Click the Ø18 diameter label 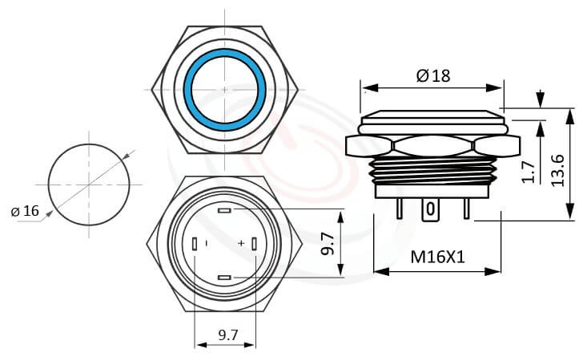click(x=433, y=75)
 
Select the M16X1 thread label click(x=438, y=258)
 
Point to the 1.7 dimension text click(x=528, y=171)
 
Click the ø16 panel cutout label click(x=25, y=211)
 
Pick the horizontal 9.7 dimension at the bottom click(x=227, y=336)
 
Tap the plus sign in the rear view click(x=240, y=243)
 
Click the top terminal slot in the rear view click(x=224, y=211)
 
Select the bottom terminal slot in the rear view click(x=224, y=278)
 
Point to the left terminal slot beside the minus click(x=195, y=244)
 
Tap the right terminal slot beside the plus click(x=255, y=244)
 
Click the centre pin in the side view click(x=431, y=212)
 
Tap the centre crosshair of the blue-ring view click(x=225, y=88)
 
